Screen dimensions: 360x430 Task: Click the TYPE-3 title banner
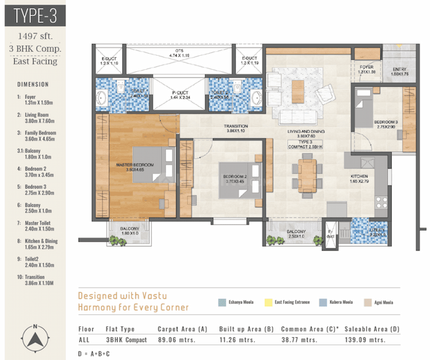pos(34,13)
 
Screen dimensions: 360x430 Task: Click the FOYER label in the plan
pos(366,69)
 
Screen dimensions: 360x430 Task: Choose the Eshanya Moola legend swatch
pos(222,302)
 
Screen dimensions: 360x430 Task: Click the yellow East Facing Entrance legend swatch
pos(270,302)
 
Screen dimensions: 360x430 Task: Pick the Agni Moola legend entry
pos(379,302)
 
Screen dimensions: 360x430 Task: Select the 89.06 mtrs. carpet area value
pos(174,341)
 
